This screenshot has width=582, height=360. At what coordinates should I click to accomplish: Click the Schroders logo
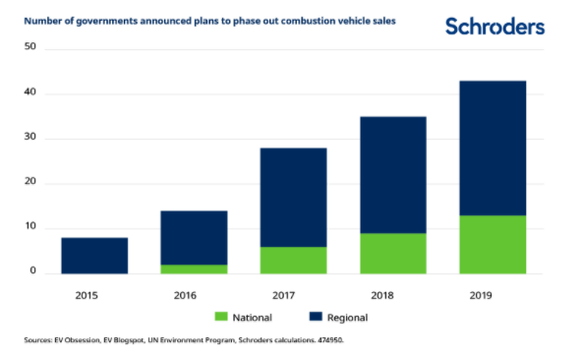[495, 27]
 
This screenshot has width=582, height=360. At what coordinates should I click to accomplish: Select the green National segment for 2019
[493, 245]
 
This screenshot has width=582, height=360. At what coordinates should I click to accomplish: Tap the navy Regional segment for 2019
[493, 149]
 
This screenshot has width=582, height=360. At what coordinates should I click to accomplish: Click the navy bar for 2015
[94, 256]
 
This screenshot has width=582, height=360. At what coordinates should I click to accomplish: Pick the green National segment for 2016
[194, 270]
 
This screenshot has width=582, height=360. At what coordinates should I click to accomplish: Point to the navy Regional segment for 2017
[294, 198]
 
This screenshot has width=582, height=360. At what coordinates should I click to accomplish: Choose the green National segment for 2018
[393, 254]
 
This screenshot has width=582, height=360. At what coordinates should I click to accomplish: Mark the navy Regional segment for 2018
[393, 175]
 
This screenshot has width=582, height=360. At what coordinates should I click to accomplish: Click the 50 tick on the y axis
[30, 46]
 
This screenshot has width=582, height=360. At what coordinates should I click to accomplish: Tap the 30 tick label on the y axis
[30, 137]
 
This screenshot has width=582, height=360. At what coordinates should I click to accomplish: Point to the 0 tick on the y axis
[33, 270]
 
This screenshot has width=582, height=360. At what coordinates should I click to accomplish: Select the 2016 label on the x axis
[185, 295]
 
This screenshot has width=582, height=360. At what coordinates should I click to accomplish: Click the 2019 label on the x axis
[481, 295]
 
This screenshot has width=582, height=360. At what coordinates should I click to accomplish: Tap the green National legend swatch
[221, 317]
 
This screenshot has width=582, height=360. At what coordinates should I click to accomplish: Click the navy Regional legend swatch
[316, 317]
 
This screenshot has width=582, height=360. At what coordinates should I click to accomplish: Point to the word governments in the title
[106, 22]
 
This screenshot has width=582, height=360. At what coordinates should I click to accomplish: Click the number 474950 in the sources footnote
[330, 340]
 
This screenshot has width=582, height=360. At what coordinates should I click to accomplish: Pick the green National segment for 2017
[294, 261]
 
